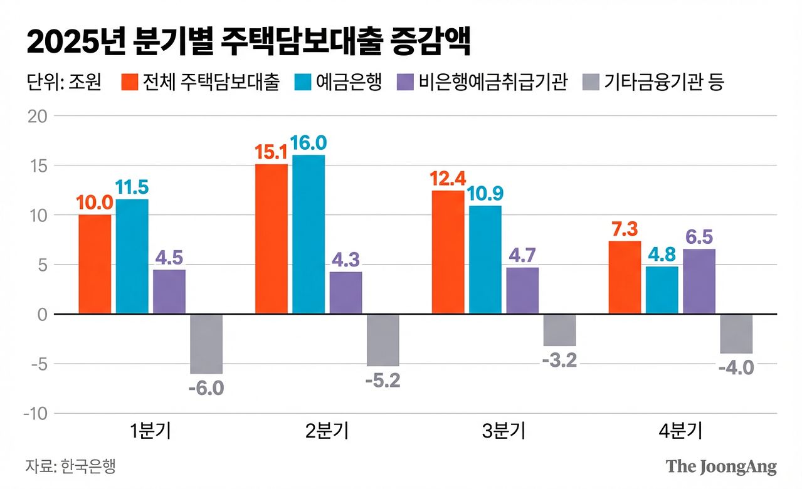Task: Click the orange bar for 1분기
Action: click(x=95, y=264)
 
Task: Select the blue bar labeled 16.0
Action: click(x=309, y=234)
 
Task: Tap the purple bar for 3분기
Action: click(x=522, y=290)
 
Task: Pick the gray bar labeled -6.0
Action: click(x=206, y=344)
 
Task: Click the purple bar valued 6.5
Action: click(x=699, y=281)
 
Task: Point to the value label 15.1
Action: click(x=271, y=152)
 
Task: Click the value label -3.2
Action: click(x=559, y=361)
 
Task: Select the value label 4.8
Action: click(x=662, y=255)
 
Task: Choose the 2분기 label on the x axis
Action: click(x=327, y=431)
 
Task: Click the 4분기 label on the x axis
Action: click(x=680, y=431)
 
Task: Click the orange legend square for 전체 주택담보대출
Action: click(x=129, y=82)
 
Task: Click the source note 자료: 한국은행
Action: click(x=70, y=466)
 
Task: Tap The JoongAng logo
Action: click(x=721, y=466)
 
